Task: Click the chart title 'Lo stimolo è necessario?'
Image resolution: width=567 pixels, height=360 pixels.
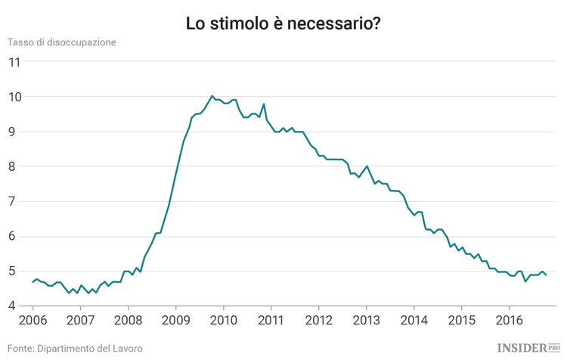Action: (283, 23)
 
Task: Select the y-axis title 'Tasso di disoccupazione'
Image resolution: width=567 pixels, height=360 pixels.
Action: (62, 42)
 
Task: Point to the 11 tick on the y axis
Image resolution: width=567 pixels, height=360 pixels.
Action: (14, 62)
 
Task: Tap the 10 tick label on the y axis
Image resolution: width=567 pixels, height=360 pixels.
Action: (14, 97)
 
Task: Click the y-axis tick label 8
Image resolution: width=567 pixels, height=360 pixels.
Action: (14, 166)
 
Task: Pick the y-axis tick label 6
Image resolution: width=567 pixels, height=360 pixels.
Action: (14, 237)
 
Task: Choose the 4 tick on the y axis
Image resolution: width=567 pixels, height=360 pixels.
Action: (14, 306)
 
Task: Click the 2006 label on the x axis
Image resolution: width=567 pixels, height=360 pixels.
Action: (33, 321)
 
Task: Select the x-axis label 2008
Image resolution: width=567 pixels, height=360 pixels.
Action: (129, 321)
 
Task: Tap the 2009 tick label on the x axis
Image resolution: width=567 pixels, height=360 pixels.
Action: (176, 321)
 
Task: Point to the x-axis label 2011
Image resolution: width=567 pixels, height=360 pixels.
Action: (271, 321)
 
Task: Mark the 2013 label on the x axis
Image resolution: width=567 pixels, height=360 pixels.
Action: (367, 321)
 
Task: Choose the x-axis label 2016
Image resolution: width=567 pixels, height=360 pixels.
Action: (510, 321)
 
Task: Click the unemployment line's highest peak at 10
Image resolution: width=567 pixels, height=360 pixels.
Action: (212, 96)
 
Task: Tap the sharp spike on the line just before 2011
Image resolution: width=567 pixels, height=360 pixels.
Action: (264, 104)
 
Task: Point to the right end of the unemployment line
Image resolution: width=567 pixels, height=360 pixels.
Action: (546, 275)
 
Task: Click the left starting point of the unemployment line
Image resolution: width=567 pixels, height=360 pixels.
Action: (33, 281)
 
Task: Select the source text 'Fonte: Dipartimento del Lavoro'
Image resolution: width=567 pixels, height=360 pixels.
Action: (75, 349)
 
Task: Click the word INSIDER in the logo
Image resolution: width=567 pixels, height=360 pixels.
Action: (522, 348)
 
